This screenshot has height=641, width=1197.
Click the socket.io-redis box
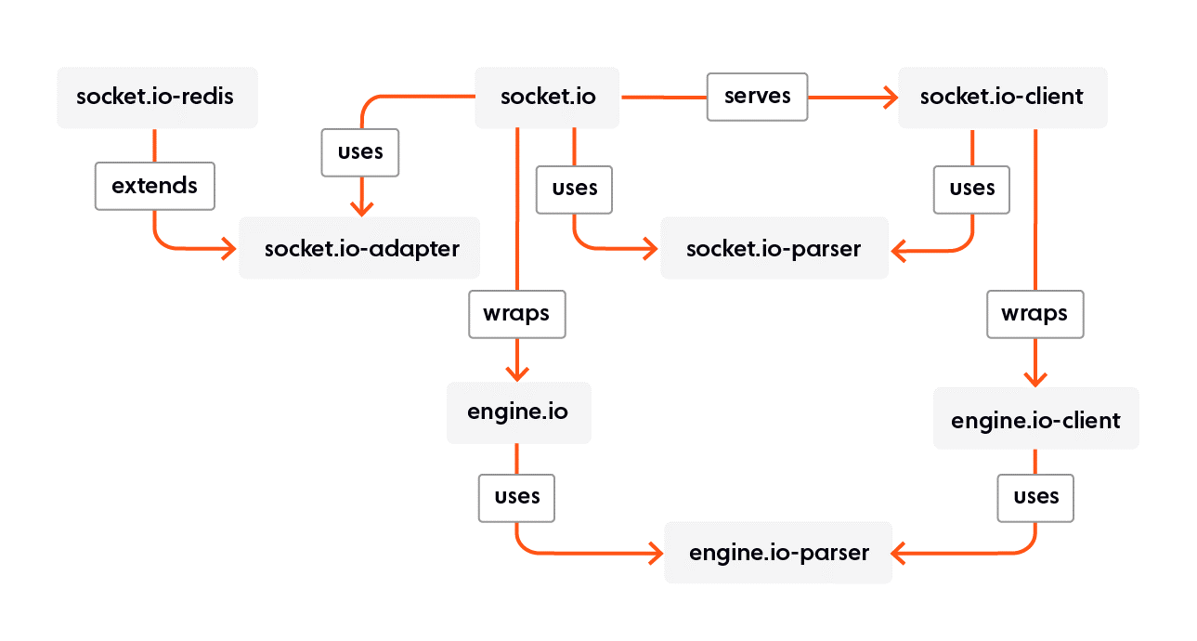click(156, 97)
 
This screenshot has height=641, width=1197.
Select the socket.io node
click(547, 97)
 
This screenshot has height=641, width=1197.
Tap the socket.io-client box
click(1002, 97)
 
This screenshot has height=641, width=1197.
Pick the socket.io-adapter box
click(359, 248)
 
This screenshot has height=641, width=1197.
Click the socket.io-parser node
click(774, 248)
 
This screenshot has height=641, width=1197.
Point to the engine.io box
click(517, 412)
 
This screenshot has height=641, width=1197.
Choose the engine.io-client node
click(1035, 420)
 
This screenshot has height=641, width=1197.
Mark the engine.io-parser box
click(778, 553)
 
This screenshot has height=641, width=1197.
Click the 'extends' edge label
click(154, 186)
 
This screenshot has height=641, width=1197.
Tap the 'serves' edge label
click(757, 97)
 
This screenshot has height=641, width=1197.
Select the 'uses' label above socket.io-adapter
click(360, 152)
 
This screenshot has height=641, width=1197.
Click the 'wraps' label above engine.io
click(516, 314)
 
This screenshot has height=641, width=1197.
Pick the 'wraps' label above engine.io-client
click(1034, 314)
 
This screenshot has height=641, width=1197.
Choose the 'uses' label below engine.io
click(516, 497)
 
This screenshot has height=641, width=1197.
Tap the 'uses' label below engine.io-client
click(1035, 497)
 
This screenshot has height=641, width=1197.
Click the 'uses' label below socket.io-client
click(971, 189)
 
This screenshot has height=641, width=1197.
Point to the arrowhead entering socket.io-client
click(890, 97)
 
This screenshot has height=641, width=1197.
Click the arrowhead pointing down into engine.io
click(517, 372)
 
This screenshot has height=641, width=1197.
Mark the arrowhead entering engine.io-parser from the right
click(901, 553)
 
